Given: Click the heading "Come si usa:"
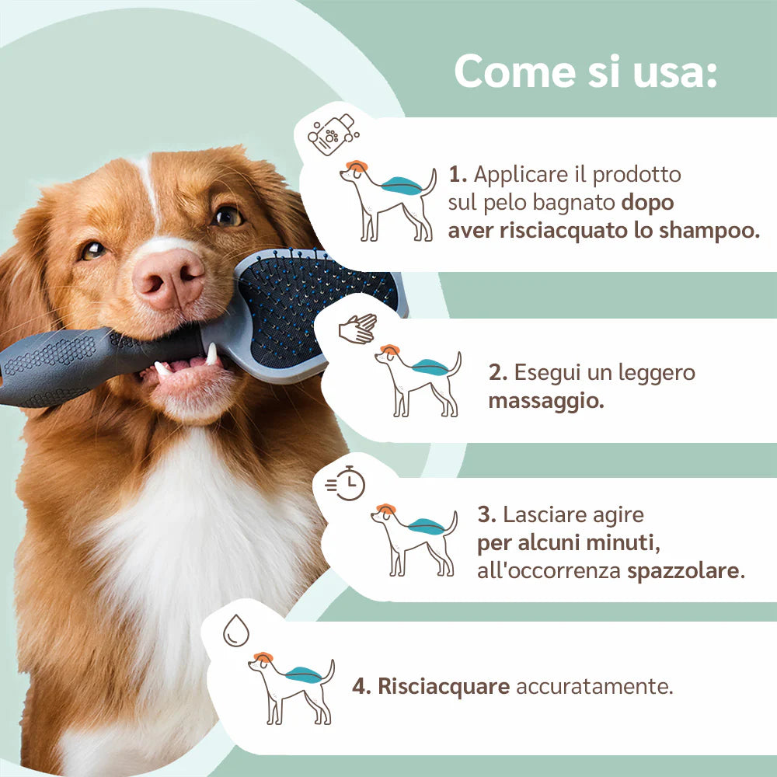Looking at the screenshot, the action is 586,71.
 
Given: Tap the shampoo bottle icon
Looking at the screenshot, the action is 333,134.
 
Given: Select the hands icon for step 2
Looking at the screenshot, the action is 357,329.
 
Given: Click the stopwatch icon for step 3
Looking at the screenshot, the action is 346,483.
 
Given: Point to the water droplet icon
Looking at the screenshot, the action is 236,630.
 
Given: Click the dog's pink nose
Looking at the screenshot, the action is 169,278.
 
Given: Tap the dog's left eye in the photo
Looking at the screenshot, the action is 227,216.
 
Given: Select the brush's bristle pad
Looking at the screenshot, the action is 317,307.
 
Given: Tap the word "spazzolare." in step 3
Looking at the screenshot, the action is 686,571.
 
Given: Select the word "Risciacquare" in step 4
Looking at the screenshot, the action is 444,686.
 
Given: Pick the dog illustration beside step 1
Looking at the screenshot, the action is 388,200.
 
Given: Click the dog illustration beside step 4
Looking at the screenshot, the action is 291,688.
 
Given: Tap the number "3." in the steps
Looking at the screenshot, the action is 486,515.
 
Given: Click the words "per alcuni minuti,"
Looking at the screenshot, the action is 569,543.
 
